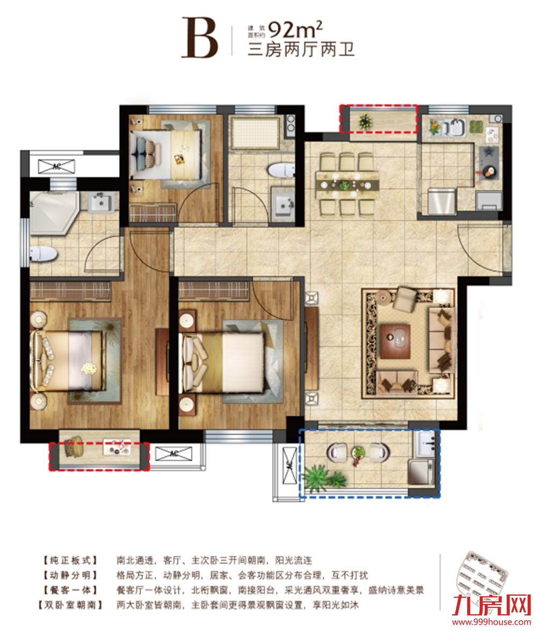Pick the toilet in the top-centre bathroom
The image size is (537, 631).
point(280,171)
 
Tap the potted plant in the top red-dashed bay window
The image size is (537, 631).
point(366,120)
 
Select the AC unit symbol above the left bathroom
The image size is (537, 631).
point(57,164)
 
